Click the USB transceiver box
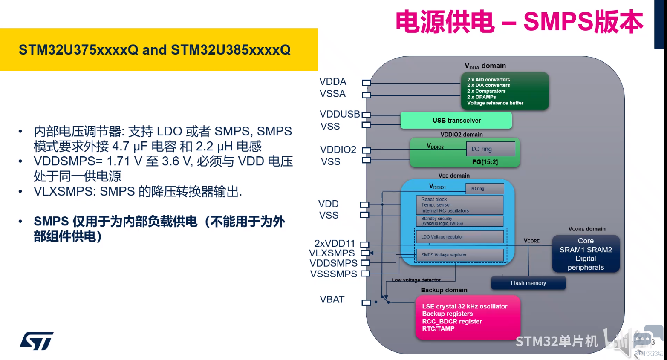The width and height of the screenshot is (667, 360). pyautogui.click(x=456, y=121)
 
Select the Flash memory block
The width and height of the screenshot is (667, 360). pyautogui.click(x=528, y=283)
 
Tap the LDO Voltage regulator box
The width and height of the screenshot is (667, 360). pyautogui.click(x=459, y=237)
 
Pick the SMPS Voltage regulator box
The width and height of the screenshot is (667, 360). pyautogui.click(x=459, y=255)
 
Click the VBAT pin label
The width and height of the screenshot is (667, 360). pyautogui.click(x=332, y=300)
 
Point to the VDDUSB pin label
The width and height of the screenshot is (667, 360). pyautogui.click(x=340, y=114)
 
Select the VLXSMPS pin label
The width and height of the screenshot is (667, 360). pyautogui.click(x=332, y=253)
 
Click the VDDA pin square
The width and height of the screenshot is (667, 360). pyautogui.click(x=366, y=83)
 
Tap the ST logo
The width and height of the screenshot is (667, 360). pyautogui.click(x=37, y=341)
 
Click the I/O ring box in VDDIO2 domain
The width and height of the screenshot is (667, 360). pyautogui.click(x=490, y=149)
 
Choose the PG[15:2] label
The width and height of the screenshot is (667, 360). pyautogui.click(x=485, y=162)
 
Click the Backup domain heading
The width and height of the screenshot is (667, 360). pyautogui.click(x=444, y=290)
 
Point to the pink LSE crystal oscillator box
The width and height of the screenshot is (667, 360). pyautogui.click(x=468, y=317)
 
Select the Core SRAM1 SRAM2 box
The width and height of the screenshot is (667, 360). pyautogui.click(x=586, y=254)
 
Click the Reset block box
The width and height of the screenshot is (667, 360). pyautogui.click(x=459, y=205)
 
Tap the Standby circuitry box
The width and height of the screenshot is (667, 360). pyautogui.click(x=459, y=221)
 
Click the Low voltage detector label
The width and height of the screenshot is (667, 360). pyautogui.click(x=416, y=280)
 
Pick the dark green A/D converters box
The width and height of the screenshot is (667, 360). pyautogui.click(x=505, y=91)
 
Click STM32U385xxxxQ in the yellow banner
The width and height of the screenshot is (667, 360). pyautogui.click(x=231, y=50)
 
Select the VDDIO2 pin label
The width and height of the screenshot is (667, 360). pyautogui.click(x=338, y=150)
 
